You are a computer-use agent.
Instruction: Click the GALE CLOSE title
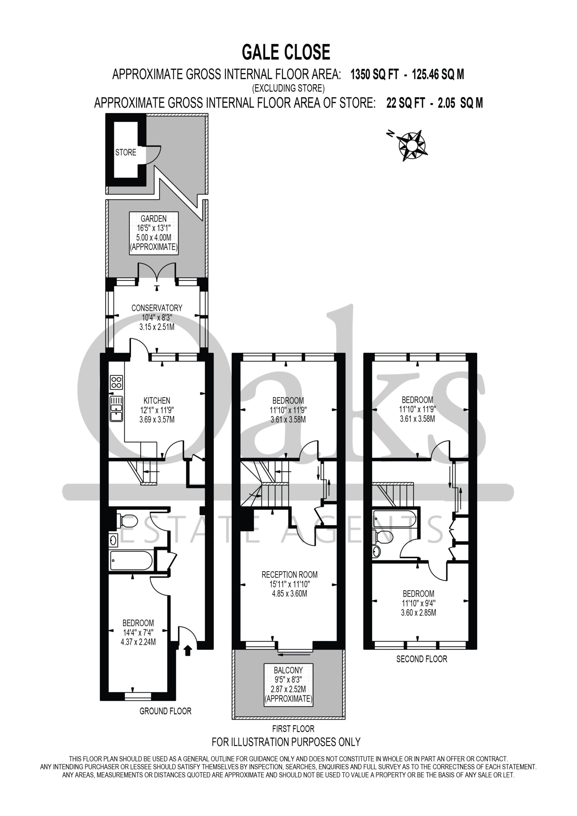(x=286, y=52)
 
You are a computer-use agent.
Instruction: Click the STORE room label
(x=126, y=152)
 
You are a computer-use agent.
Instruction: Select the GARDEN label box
(x=154, y=233)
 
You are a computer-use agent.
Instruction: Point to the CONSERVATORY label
(x=157, y=308)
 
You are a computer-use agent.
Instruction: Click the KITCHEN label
(x=157, y=401)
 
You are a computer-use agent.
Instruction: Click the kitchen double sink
(x=117, y=409)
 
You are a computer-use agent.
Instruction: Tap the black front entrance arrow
(x=188, y=650)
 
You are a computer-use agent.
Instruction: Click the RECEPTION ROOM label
(x=289, y=575)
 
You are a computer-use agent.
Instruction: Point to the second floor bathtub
(x=394, y=519)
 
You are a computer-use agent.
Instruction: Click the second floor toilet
(x=383, y=537)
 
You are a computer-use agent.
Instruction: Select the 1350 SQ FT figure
(x=374, y=74)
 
